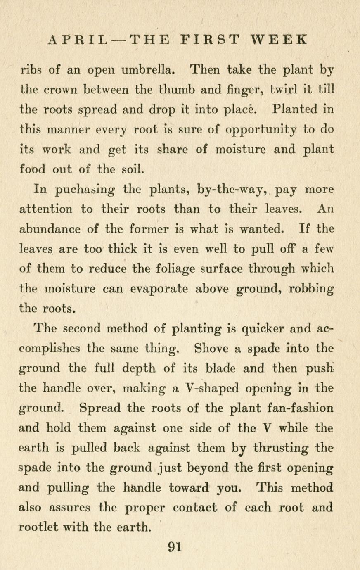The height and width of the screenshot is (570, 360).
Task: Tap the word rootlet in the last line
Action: click(40, 527)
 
